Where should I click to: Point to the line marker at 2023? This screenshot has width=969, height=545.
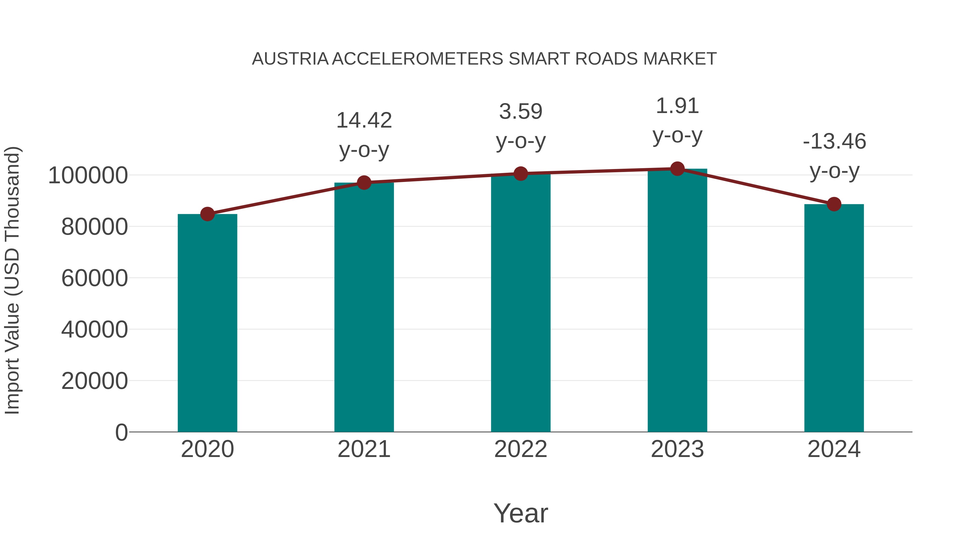pyautogui.click(x=677, y=169)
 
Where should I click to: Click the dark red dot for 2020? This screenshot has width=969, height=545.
pyautogui.click(x=207, y=214)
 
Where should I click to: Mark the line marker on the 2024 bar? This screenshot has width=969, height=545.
pyautogui.click(x=834, y=204)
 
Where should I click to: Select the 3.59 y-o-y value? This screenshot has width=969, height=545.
pyautogui.click(x=521, y=112)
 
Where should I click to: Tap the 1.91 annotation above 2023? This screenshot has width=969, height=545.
pyautogui.click(x=677, y=106)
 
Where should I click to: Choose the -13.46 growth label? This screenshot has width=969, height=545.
pyautogui.click(x=834, y=142)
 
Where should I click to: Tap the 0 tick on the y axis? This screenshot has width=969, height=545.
pyautogui.click(x=121, y=433)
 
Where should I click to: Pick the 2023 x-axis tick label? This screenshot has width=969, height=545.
pyautogui.click(x=677, y=449)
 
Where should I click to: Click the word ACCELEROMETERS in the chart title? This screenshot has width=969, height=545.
pyautogui.click(x=417, y=59)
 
